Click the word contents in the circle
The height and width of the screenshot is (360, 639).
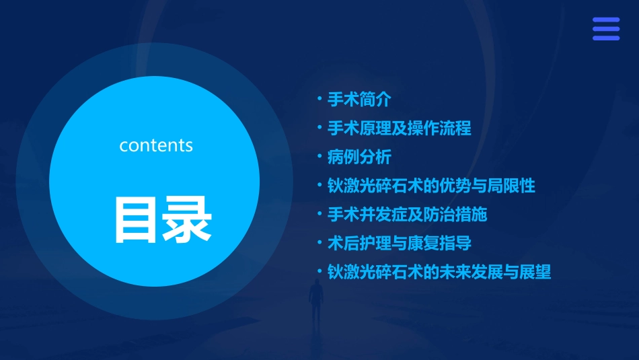(x=155, y=145)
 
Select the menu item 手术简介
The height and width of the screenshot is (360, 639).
(x=359, y=100)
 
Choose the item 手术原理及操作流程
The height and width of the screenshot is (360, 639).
(x=399, y=128)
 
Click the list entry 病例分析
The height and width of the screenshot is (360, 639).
(x=359, y=157)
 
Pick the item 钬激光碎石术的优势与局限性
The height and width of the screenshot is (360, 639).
(x=430, y=186)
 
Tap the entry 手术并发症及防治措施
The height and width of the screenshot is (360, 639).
(x=407, y=215)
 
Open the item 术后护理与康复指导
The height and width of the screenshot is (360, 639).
(x=399, y=244)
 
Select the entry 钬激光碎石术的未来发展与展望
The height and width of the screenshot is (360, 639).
(x=439, y=272)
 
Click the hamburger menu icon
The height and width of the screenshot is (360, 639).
(x=606, y=29)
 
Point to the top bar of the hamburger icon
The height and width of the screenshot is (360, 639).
(x=606, y=20)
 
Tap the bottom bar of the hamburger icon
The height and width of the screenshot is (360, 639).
(x=606, y=38)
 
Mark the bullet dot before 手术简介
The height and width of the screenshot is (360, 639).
(x=320, y=100)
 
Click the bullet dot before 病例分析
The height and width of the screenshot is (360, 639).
(x=320, y=157)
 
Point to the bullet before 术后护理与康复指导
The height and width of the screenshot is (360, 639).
(x=320, y=244)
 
